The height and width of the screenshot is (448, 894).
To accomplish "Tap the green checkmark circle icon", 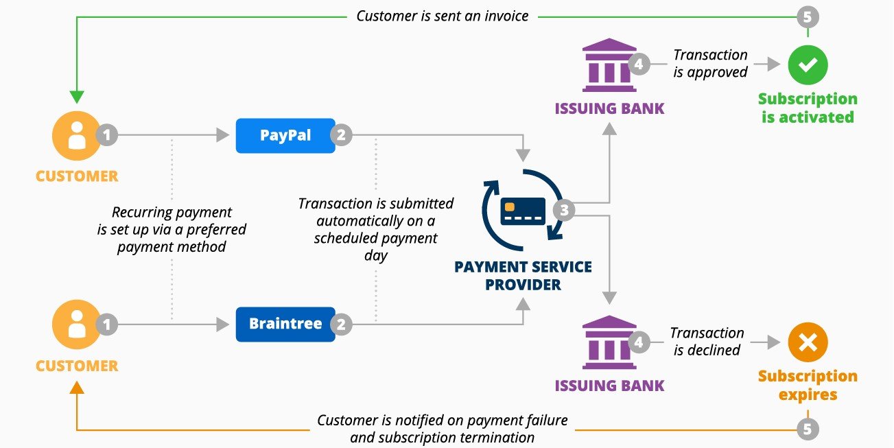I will (808, 65).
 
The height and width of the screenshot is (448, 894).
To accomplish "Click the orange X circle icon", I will (808, 342).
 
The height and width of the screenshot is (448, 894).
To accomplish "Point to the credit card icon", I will (523, 211).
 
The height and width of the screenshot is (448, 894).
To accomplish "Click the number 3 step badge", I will (564, 211).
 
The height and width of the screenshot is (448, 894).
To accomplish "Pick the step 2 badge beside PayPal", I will (341, 135).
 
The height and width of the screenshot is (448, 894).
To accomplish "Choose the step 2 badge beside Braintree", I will (341, 325).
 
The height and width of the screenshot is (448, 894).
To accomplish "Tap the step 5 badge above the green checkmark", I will (808, 17).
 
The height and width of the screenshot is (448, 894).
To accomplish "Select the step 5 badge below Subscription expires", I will (808, 429).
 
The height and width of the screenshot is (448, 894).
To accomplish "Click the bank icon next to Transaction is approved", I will (609, 65).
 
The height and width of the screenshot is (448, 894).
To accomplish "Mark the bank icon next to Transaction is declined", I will (609, 342).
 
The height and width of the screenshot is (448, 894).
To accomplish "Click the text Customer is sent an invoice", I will (443, 16).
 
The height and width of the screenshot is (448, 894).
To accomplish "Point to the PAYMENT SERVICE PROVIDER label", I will (523, 275).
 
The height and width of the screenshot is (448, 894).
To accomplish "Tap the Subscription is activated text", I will (808, 108).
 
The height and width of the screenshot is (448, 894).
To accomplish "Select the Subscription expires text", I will (808, 385).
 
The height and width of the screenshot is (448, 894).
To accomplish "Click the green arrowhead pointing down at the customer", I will (77, 97).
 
